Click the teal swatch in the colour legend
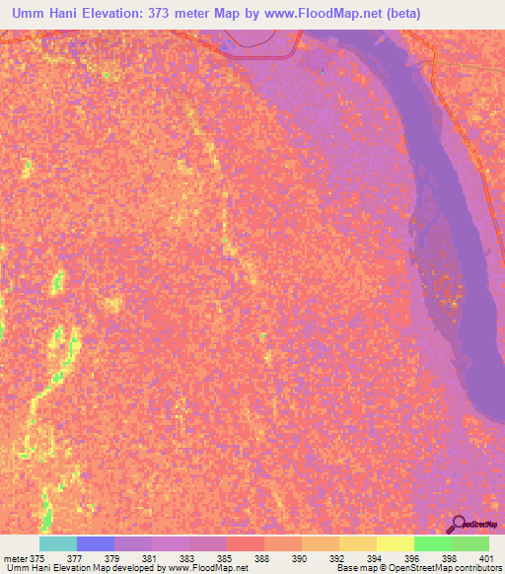pyautogui.click(x=58, y=543)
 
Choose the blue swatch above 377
pyautogui.click(x=96, y=543)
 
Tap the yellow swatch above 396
pyautogui.click(x=395, y=543)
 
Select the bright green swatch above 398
pyautogui.click(x=432, y=543)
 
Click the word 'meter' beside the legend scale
pyautogui.click(x=15, y=558)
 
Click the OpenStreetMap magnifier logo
pyautogui.click(x=460, y=526)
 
